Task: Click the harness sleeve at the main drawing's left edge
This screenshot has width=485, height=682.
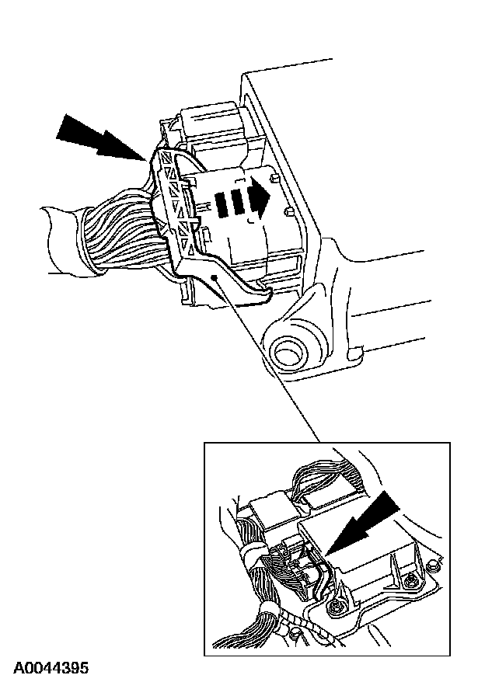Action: [x=58, y=241]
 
